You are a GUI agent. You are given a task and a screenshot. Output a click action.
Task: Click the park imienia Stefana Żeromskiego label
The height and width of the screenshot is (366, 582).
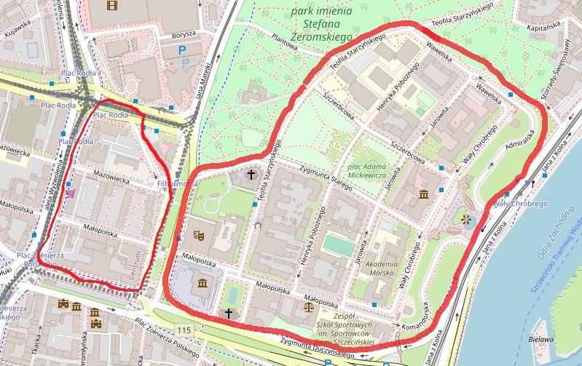(x=321, y=23)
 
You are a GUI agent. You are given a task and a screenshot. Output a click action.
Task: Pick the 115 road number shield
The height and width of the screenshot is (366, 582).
(x=184, y=330)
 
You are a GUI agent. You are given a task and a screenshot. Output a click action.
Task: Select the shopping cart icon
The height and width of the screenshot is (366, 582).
(x=70, y=194)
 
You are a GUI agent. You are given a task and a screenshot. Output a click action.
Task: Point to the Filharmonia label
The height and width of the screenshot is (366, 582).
(x=177, y=184)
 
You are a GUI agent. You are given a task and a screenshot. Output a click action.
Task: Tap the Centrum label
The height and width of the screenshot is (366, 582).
(x=133, y=267)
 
